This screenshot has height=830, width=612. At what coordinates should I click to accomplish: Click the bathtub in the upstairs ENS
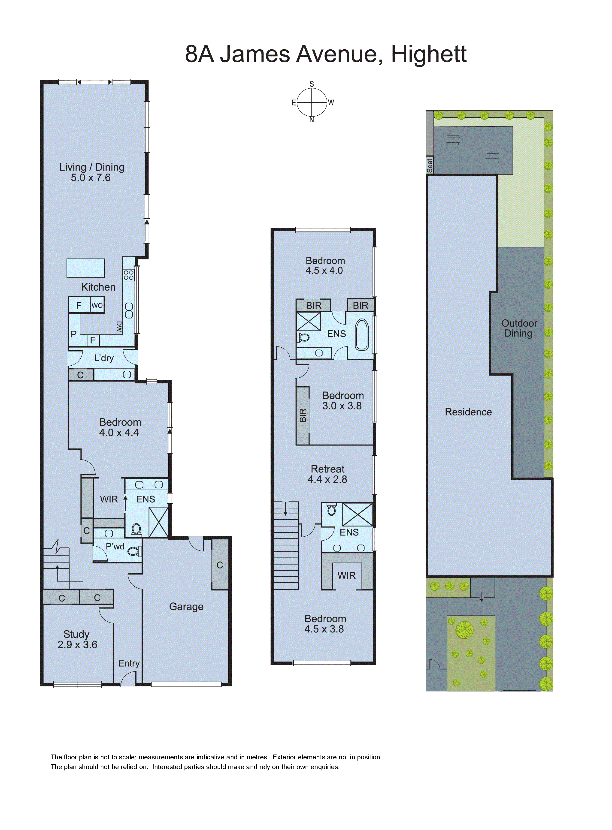(x=362, y=335)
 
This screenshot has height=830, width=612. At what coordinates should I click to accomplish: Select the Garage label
(x=186, y=606)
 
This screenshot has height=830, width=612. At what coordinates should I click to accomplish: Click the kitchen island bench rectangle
(x=86, y=268)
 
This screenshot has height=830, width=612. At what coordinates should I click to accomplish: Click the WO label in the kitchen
(x=97, y=305)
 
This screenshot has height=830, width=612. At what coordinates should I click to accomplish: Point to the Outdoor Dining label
(x=519, y=328)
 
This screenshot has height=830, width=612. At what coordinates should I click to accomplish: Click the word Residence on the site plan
(x=468, y=412)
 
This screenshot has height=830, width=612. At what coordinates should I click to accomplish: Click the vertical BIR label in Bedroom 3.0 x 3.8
(x=303, y=415)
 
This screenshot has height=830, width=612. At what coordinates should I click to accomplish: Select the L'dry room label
(x=104, y=358)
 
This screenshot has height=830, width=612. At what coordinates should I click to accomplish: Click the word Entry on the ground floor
(x=129, y=663)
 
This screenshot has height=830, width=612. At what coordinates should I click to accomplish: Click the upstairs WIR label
(x=346, y=575)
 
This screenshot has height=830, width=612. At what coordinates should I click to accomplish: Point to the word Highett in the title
(x=429, y=54)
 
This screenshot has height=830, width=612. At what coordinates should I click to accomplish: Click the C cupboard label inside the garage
(x=220, y=565)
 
